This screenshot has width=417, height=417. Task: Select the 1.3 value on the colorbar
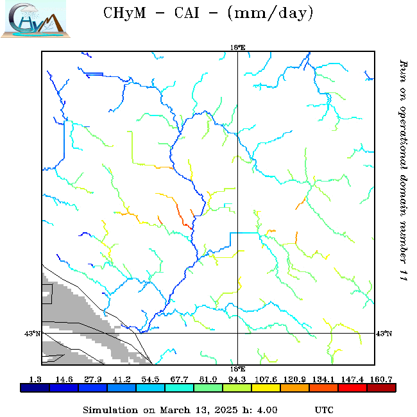35,379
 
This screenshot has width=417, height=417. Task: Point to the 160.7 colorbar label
382,379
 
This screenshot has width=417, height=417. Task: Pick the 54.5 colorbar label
150,379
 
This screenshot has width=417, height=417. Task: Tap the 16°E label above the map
237,47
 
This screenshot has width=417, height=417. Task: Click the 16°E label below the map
237,369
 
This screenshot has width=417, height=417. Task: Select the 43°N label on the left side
33,333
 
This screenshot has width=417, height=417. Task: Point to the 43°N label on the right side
384,333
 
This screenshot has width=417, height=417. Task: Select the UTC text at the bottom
324,409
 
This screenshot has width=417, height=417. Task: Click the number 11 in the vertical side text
403,275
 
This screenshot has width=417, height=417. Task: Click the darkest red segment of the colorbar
382,387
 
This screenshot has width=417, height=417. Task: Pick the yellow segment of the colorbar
266,387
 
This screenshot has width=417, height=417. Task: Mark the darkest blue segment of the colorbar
35,387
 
